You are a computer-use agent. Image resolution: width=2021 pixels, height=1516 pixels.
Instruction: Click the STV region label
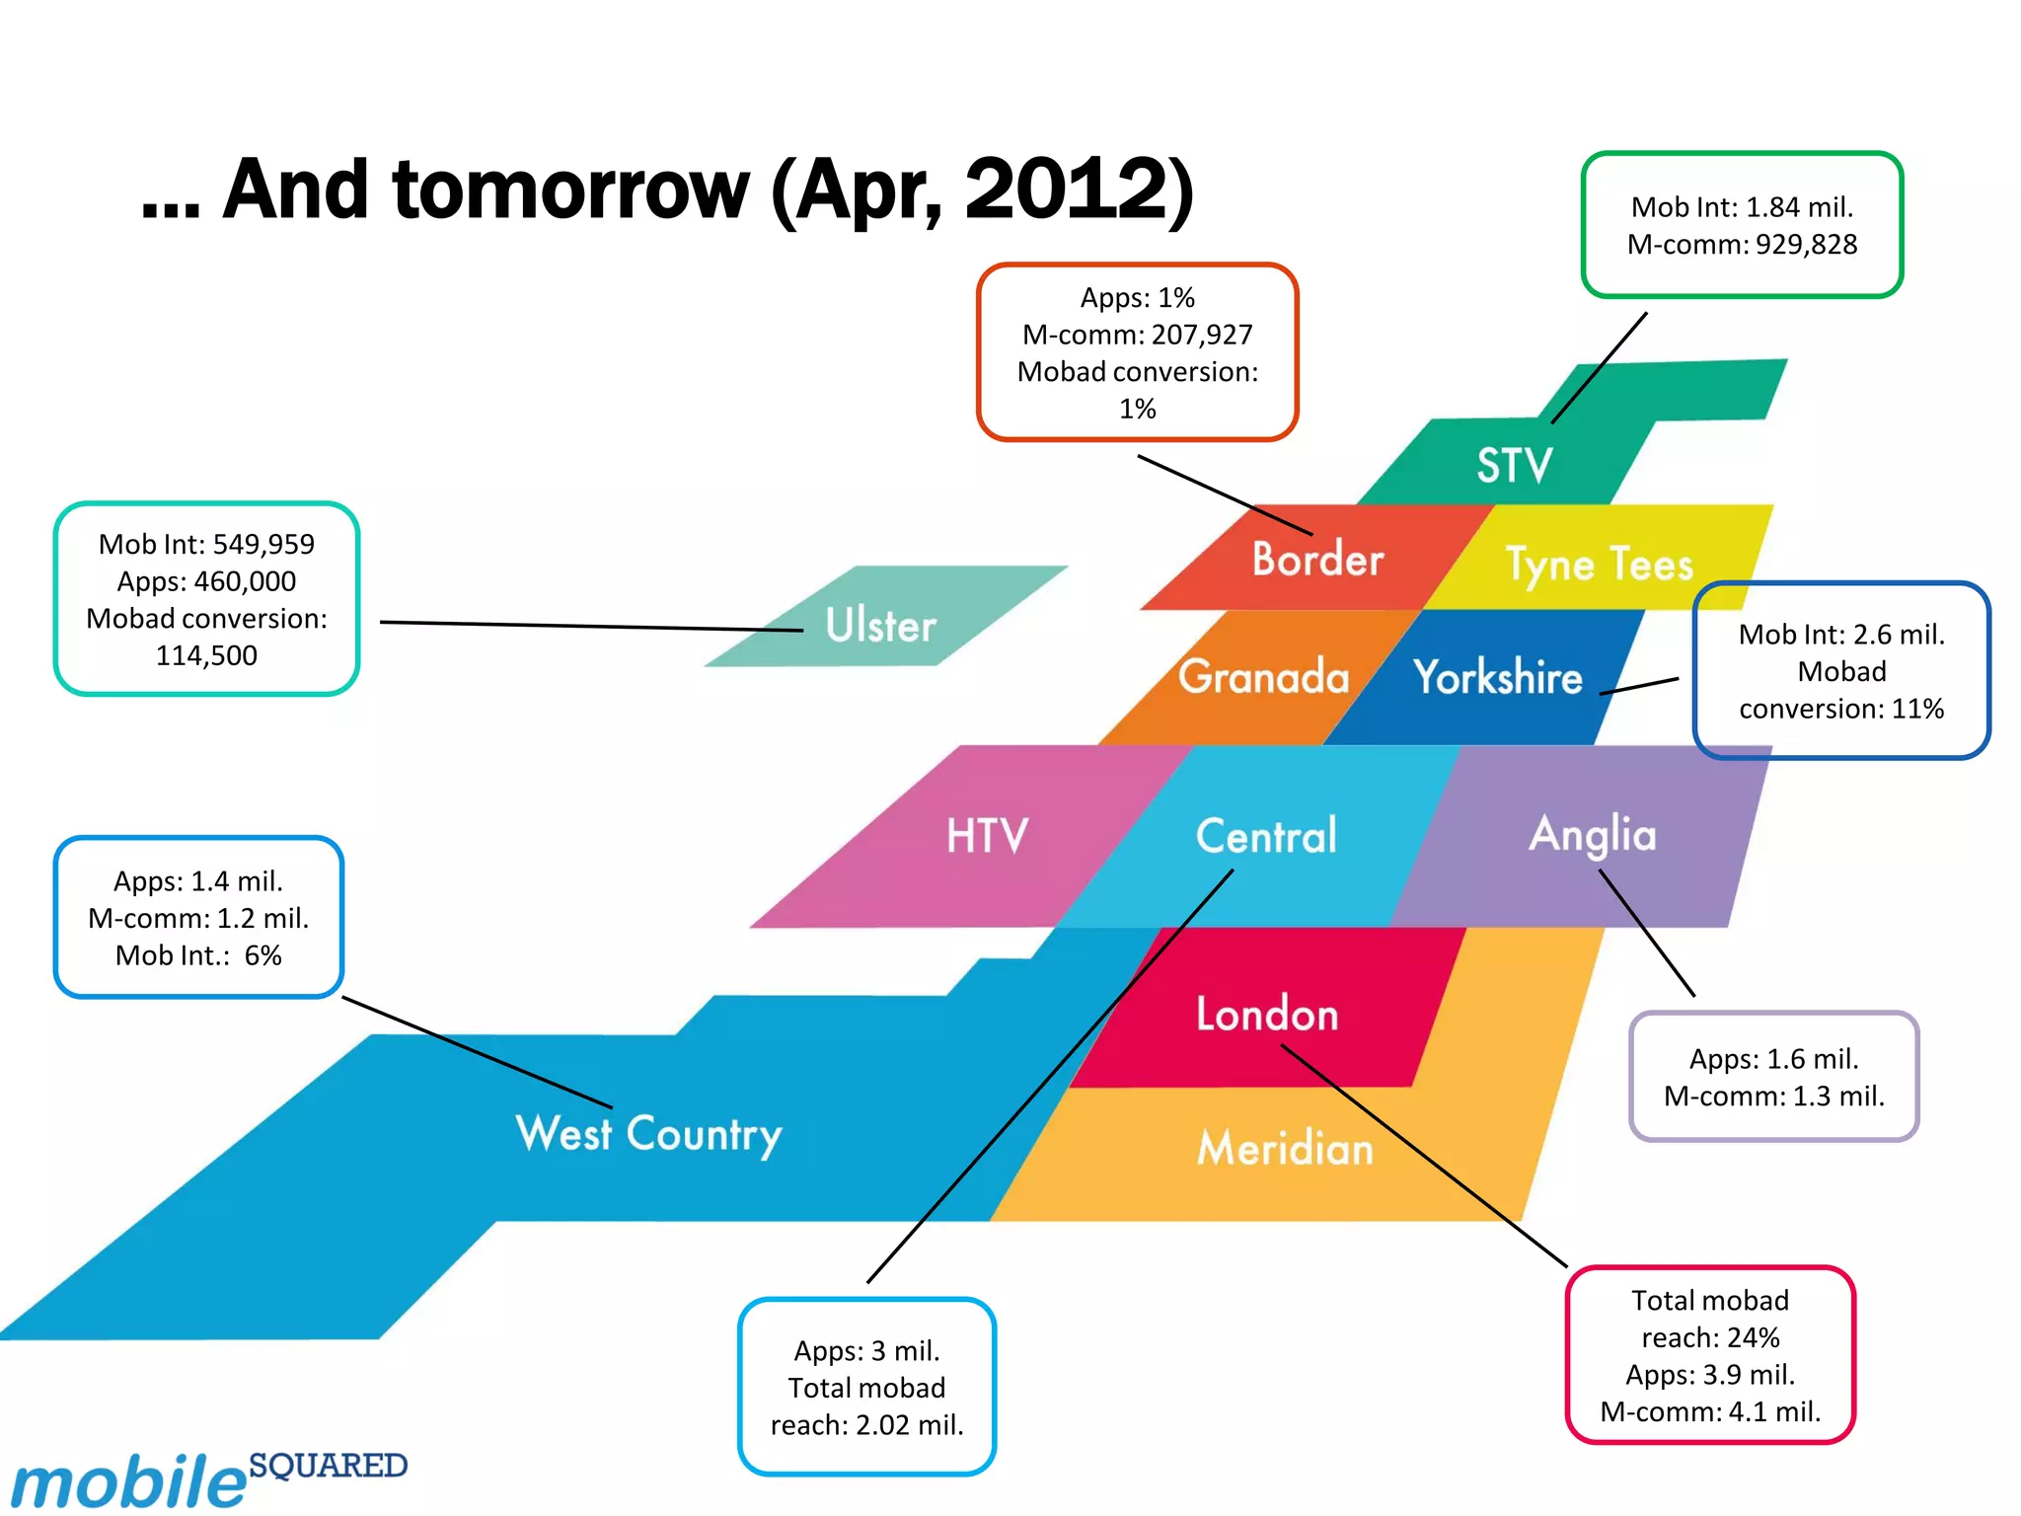[1514, 465]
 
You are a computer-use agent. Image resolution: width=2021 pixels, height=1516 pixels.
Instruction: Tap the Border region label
[1317, 560]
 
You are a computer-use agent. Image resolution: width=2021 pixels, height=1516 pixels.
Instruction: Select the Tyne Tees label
[1599, 565]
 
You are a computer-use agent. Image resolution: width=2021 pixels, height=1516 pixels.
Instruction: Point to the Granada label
[1263, 677]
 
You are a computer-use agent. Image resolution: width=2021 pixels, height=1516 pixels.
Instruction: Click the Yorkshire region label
[1497, 677]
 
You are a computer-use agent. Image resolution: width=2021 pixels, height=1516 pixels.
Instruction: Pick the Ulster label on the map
[880, 626]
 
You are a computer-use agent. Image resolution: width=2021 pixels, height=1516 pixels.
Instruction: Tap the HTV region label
[987, 836]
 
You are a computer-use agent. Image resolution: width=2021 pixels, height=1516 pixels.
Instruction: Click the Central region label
[1266, 836]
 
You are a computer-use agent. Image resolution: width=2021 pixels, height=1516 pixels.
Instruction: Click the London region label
[1267, 1015]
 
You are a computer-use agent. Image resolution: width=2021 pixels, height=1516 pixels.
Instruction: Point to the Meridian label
[1285, 1149]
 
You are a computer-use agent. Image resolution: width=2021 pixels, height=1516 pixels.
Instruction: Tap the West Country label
[648, 1134]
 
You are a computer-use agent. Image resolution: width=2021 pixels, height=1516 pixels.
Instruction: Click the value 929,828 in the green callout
[1806, 245]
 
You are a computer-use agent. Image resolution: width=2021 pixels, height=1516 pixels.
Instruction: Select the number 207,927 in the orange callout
[1201, 336]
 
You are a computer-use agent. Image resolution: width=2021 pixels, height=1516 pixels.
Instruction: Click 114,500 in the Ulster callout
[206, 655]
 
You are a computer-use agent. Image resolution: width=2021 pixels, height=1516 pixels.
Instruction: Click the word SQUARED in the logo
[328, 1466]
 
